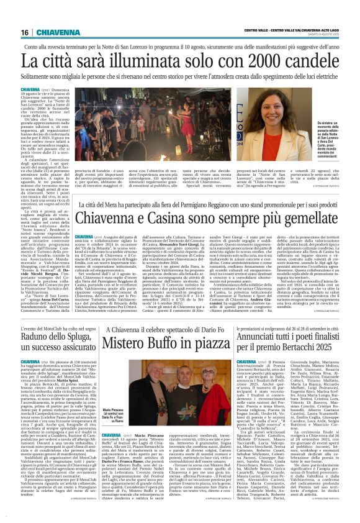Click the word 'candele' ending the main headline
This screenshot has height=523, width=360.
point(315,61)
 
